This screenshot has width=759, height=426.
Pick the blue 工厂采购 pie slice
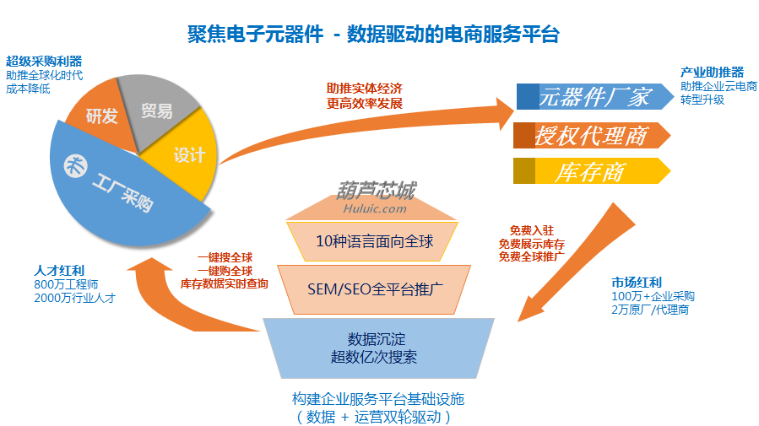click(x=126, y=193)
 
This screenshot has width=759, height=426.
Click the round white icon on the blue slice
click(x=76, y=167)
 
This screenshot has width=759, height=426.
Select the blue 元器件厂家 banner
click(x=595, y=96)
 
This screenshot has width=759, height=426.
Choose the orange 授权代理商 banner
click(x=592, y=135)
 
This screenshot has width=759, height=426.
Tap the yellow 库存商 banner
click(x=592, y=171)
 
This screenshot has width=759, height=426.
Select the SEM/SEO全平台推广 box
click(x=374, y=289)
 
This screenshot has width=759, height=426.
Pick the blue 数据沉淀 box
click(x=378, y=348)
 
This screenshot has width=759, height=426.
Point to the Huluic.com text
click(x=375, y=209)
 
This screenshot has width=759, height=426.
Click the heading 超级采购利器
click(x=44, y=62)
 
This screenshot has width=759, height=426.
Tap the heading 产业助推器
click(x=712, y=73)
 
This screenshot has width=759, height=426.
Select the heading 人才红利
click(x=59, y=270)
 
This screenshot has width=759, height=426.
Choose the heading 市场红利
click(x=637, y=283)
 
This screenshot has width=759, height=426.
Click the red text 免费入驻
click(x=532, y=230)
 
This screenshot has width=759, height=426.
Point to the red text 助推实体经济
click(x=365, y=89)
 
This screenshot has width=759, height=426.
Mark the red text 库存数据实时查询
click(x=224, y=283)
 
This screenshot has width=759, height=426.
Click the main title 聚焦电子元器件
click(x=255, y=35)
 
